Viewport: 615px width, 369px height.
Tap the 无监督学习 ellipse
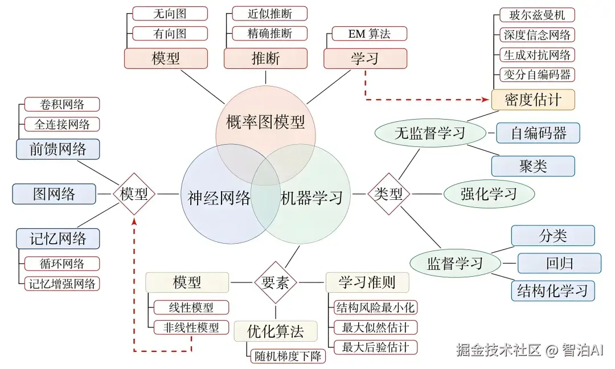[x=430, y=134]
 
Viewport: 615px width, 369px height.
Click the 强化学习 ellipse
[x=489, y=194]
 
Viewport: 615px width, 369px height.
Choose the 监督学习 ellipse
[x=455, y=263]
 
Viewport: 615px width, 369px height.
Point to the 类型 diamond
[x=389, y=194]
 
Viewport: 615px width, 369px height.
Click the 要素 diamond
[x=276, y=282]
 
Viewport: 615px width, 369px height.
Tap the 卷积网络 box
[x=62, y=104]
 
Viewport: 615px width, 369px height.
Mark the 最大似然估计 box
[x=375, y=327]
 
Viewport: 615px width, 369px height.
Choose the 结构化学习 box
[x=552, y=290]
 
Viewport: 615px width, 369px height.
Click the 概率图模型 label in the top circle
[x=265, y=121]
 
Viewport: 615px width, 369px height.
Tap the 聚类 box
[x=533, y=166]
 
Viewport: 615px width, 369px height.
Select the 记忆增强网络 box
[x=62, y=283]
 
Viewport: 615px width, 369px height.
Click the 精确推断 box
[x=270, y=34]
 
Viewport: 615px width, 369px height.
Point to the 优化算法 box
[x=276, y=331]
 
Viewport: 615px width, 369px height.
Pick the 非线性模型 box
[x=191, y=327]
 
